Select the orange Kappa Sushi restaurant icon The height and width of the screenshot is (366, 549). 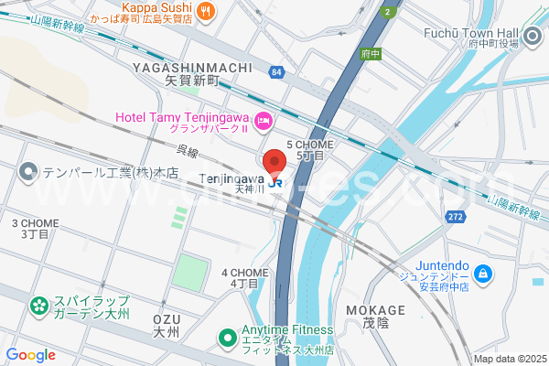tap(205, 11)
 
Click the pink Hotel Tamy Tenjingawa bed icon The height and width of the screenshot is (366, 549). tap(263, 119)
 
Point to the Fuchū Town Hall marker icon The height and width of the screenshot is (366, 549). tap(533, 36)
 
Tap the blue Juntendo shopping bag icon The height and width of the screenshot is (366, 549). tap(484, 274)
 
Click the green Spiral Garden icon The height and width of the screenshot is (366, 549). tap(38, 306)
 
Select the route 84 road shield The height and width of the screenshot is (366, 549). tap(276, 71)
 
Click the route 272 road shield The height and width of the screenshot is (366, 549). tap(456, 217)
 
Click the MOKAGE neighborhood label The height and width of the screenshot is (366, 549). tap(375, 310)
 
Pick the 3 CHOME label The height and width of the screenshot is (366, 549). tap(35, 223)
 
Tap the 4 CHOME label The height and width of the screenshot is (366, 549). tap(244, 273)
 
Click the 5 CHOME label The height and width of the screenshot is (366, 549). tap(310, 145)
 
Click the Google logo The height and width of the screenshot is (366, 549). tap(30, 355)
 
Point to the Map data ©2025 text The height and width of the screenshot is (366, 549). tap(509, 359)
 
